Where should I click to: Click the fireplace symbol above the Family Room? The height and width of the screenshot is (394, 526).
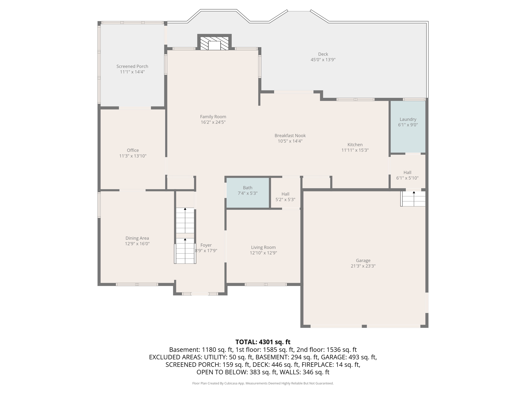click(214, 43)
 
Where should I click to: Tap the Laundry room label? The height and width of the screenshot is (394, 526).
click(408, 119)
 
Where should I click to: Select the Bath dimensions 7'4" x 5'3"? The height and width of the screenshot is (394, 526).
click(247, 193)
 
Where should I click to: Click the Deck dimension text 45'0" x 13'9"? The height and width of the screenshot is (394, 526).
click(323, 60)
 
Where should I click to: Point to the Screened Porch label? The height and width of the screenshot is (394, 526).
click(132, 66)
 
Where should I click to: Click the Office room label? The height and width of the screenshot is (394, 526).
click(133, 150)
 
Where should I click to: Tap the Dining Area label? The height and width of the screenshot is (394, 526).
click(137, 238)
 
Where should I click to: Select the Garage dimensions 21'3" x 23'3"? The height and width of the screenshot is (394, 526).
click(363, 266)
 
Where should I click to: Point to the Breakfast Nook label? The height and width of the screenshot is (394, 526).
click(290, 135)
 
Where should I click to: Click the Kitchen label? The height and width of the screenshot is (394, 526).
click(355, 145)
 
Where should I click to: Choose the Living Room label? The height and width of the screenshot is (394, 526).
click(263, 247)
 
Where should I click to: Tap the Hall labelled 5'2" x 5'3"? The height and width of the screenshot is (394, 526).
click(285, 194)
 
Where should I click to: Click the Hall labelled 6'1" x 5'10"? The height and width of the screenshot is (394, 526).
click(407, 173)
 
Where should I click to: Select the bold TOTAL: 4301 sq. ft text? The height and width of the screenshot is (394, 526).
click(263, 342)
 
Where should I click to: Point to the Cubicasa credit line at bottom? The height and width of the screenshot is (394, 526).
click(263, 383)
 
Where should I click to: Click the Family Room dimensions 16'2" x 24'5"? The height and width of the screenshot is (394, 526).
click(213, 122)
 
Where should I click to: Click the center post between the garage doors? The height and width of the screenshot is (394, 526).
click(364, 326)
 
